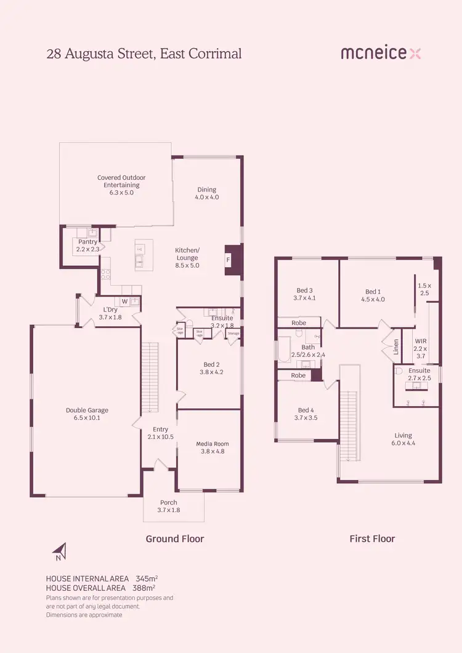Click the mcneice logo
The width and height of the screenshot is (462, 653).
coord(381,54)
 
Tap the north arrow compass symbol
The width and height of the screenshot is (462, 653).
coord(59,551)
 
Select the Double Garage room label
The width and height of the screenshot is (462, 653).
coord(87,414)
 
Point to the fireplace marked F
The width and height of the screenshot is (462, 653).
coord(229,260)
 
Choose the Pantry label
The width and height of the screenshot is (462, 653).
coord(87,246)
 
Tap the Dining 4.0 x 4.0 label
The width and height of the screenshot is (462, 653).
coord(207,193)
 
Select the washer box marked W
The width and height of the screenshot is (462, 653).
coord(124,302)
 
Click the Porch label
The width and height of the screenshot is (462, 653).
coord(169,506)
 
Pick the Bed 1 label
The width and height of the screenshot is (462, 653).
coord(375,295)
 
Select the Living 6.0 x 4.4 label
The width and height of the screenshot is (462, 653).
coord(403,439)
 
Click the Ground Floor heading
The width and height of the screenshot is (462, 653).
coord(174,539)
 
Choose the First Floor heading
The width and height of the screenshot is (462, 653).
coord(372,539)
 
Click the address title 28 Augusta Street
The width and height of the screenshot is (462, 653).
coord(144,54)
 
